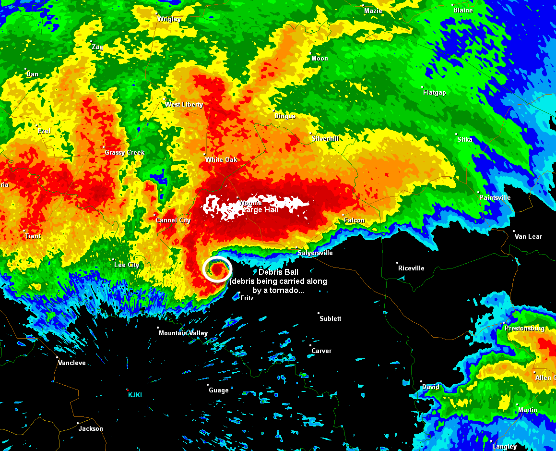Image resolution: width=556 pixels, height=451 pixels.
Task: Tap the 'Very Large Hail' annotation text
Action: (x=250, y=210)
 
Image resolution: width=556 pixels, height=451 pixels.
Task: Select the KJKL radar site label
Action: (x=136, y=395)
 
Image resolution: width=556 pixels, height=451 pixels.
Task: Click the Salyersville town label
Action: (x=315, y=253)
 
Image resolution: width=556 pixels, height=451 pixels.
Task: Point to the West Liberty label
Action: (x=184, y=105)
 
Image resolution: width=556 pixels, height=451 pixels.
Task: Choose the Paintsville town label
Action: (x=495, y=198)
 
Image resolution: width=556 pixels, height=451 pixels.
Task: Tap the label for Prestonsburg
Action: (x=525, y=329)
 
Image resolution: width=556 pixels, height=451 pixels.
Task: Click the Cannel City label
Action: (x=173, y=220)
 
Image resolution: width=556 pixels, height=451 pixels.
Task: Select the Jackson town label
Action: (x=91, y=429)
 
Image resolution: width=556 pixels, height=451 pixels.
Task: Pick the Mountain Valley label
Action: (x=183, y=333)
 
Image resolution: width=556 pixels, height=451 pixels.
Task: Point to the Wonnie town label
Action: (x=250, y=203)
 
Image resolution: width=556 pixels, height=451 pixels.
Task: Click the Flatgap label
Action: (x=435, y=93)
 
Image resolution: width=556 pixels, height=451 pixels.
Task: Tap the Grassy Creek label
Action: (x=125, y=153)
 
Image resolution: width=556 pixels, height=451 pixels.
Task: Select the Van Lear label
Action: (x=528, y=236)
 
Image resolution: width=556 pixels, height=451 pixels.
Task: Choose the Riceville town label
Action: (x=411, y=268)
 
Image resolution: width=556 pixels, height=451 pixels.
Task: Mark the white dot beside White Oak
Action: (x=205, y=154)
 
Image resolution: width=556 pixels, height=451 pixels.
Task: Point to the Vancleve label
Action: (x=72, y=363)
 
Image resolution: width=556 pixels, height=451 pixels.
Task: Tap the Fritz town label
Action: (x=247, y=298)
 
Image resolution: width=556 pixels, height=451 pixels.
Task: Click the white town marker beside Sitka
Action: (x=456, y=134)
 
